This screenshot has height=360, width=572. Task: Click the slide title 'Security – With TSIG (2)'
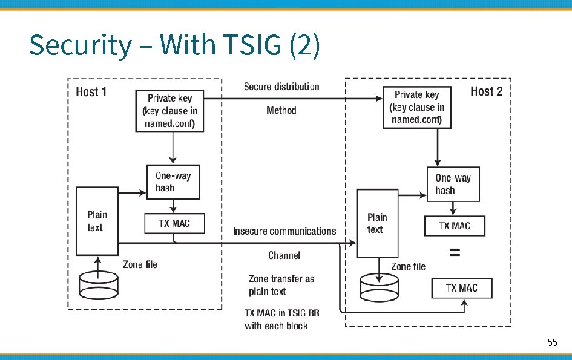point(174,46)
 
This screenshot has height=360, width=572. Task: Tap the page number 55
point(551,342)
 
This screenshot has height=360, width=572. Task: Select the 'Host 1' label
point(91,92)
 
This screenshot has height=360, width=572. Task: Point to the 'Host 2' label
point(486,91)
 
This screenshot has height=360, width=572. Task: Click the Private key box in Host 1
point(170,111)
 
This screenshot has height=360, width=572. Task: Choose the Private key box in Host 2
point(417,107)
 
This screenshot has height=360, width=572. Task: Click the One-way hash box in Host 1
point(173,182)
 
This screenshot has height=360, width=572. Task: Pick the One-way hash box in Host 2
point(453,184)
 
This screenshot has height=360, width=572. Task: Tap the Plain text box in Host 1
point(96,221)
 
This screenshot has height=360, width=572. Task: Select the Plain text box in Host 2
point(376,223)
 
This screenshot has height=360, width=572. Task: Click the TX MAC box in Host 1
point(174,223)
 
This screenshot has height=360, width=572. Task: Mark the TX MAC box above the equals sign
point(455,226)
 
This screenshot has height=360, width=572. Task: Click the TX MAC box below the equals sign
point(461,288)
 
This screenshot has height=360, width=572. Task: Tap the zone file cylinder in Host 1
point(99,286)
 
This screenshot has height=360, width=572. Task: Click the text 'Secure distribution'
point(281,87)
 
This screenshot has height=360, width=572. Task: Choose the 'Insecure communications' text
point(284,231)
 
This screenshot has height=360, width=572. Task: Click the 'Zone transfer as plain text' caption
point(281,285)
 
